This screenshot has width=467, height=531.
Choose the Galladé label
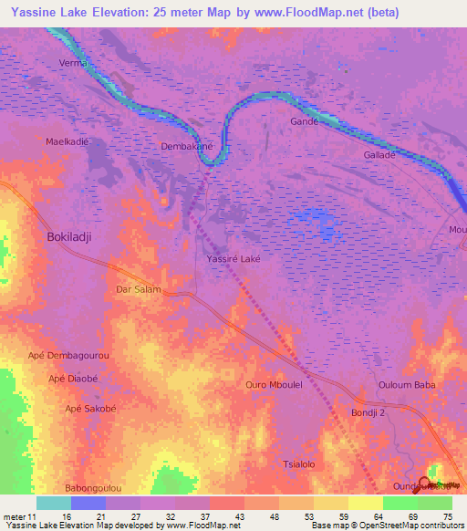379,155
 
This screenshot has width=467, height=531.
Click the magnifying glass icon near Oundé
423,481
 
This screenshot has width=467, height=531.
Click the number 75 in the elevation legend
448,515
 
